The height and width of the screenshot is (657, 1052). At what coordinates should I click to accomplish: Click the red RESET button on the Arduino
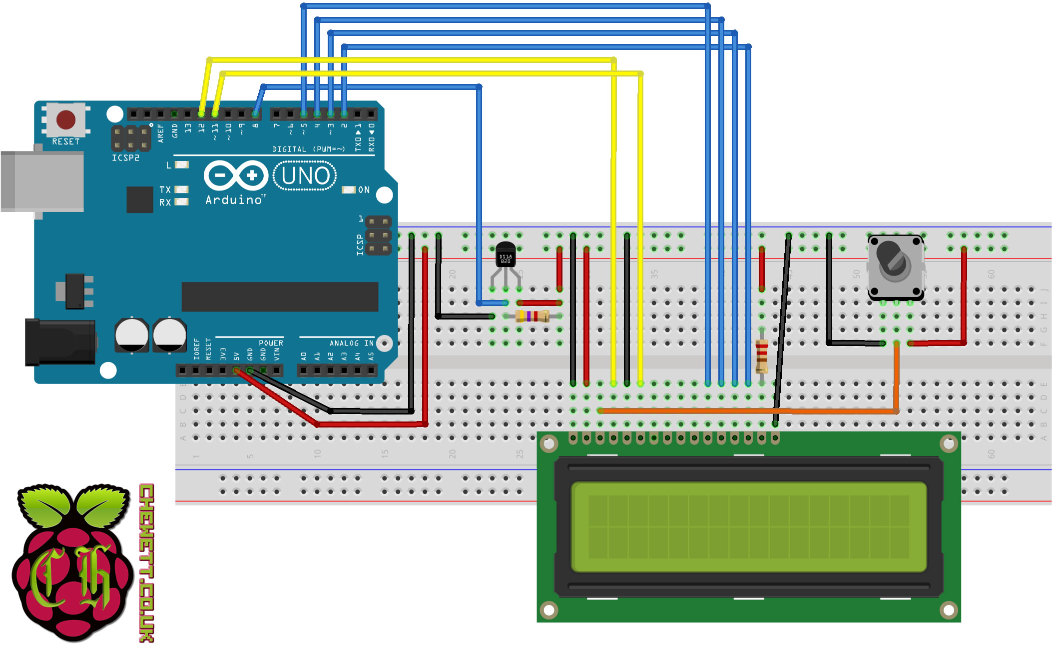tap(66, 120)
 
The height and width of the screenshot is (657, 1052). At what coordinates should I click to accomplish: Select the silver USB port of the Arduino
tap(42, 181)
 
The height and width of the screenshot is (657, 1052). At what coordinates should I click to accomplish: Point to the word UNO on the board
tap(305, 176)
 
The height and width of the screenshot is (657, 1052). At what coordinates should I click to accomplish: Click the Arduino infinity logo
tap(236, 175)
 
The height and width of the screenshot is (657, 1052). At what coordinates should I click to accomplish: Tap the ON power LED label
tap(364, 190)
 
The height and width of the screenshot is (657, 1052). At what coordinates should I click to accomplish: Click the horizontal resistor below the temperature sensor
tap(532, 316)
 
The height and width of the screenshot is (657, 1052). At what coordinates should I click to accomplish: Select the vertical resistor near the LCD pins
tap(761, 356)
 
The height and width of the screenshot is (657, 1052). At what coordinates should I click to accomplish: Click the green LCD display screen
tap(748, 526)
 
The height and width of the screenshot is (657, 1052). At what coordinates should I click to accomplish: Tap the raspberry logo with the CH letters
tap(72, 562)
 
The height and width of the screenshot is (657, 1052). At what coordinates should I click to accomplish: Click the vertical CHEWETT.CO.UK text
tap(146, 562)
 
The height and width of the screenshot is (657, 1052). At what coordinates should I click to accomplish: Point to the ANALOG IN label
tap(351, 343)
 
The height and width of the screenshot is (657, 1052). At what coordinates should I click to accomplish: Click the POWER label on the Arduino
tap(271, 343)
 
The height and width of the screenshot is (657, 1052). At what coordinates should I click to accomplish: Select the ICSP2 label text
tap(125, 158)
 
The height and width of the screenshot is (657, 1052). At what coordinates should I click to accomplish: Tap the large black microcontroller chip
tap(280, 296)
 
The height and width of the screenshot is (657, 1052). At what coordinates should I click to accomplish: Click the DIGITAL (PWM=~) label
tap(308, 149)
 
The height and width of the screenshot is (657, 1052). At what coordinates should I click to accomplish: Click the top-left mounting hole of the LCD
tap(549, 443)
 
